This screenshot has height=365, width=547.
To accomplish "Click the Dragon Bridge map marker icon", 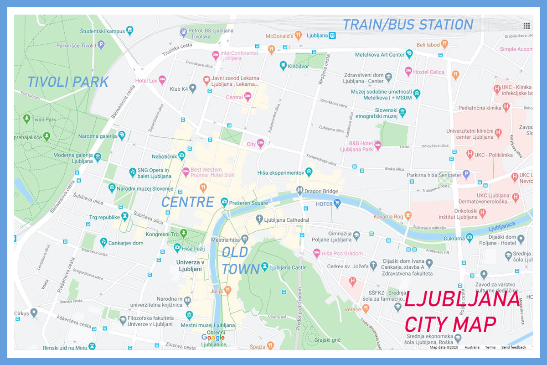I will [x=300, y=190].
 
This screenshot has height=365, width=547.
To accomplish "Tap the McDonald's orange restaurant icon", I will [x=298, y=35].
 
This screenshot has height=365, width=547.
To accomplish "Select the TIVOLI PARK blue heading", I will [x=68, y=82].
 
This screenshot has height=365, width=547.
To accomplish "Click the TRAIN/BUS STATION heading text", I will [x=408, y=25].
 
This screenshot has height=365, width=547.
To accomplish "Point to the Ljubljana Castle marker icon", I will [x=264, y=267].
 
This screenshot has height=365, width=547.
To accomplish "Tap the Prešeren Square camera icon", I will [x=224, y=202].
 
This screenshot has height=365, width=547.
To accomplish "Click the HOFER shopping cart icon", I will [x=337, y=203].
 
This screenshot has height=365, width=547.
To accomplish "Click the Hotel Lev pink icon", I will [x=162, y=80].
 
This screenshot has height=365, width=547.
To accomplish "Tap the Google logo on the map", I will [x=213, y=338].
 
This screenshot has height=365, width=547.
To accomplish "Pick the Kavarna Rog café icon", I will [x=408, y=215].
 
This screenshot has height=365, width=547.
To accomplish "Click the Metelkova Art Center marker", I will [x=409, y=54].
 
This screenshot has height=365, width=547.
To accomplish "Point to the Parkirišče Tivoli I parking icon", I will [x=101, y=45].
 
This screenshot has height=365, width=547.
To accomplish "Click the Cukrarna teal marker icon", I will [x=470, y=238].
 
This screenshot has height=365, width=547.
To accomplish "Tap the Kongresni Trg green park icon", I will [x=184, y=234].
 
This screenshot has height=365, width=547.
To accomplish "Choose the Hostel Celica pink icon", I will [x=408, y=72].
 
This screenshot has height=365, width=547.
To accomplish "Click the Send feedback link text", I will [x=513, y=348].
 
